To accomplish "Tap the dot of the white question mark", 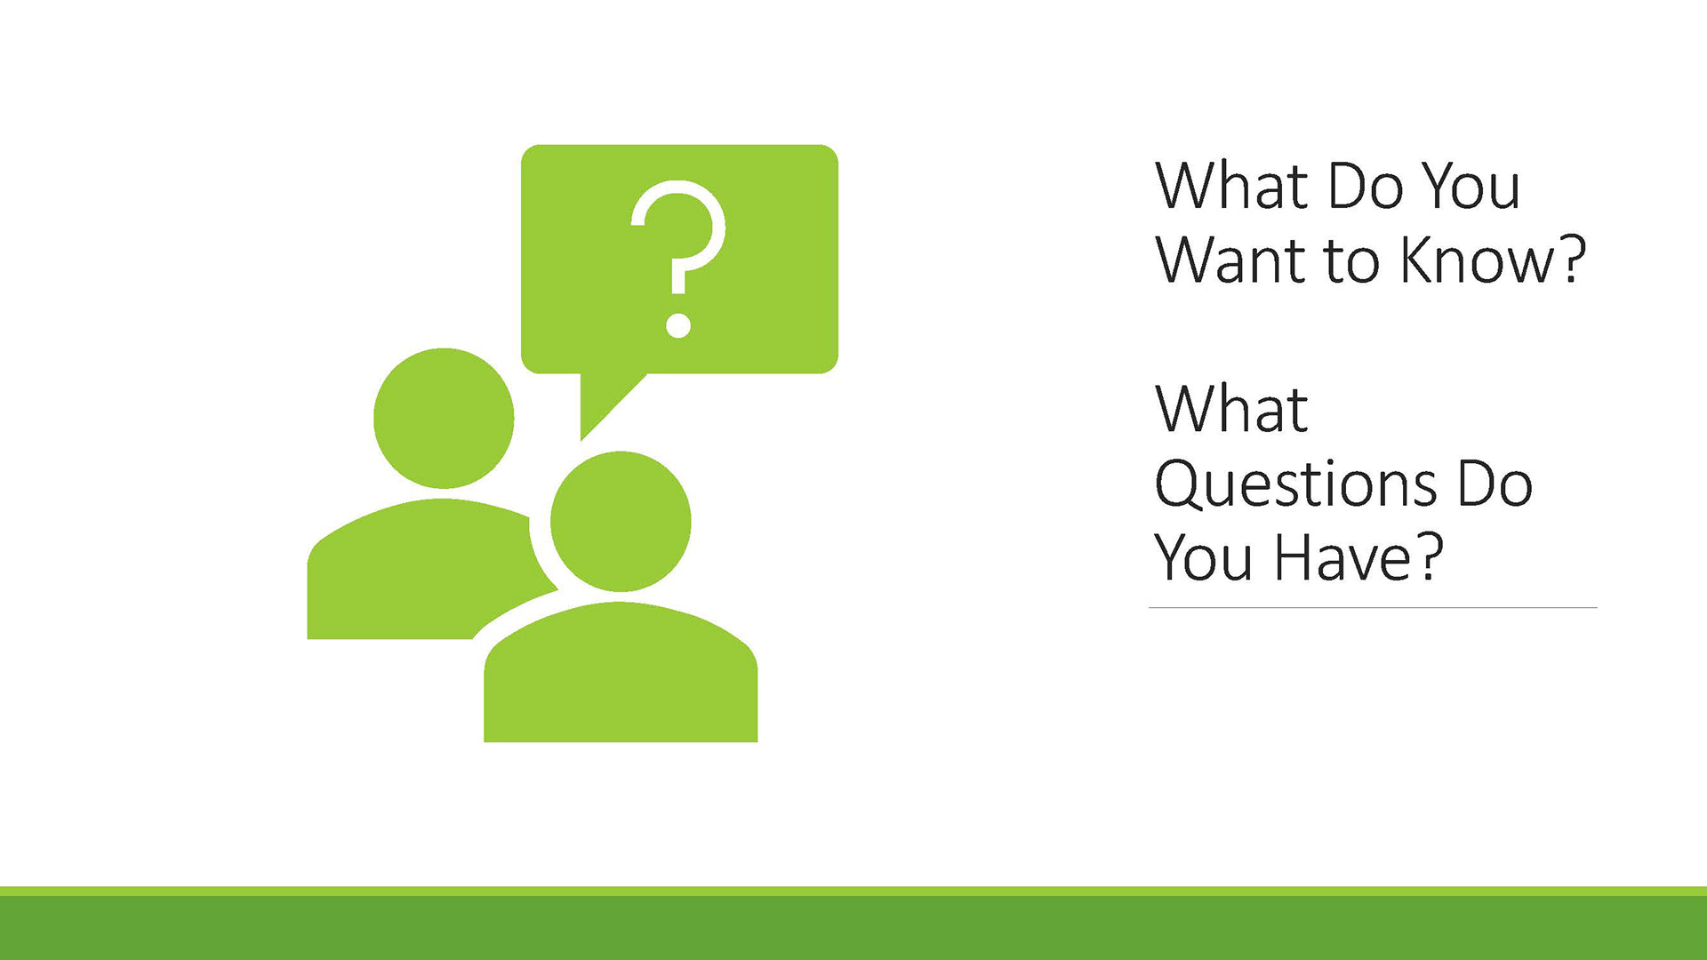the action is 678,325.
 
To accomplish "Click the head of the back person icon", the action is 444,418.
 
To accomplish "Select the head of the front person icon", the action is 621,521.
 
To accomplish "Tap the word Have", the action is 1342,557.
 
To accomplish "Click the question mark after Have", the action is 1430,556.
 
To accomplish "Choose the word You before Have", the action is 1204,557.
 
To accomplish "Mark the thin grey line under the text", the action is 1373,608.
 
